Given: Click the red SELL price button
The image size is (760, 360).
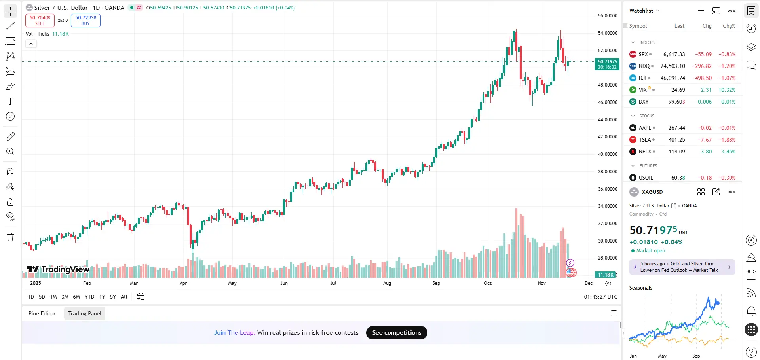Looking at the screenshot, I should (x=40, y=20).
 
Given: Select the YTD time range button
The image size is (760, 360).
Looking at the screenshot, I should (x=89, y=297).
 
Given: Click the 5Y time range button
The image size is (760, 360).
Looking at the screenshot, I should (x=113, y=297).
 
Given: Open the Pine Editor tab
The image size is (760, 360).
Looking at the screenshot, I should (x=42, y=313).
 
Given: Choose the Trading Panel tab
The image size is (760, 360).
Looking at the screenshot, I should (x=85, y=313).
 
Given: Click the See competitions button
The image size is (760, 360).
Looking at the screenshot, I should (x=397, y=333).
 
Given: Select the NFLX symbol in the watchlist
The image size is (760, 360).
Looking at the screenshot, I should (x=645, y=152).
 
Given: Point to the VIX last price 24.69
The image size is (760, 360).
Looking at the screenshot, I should (x=678, y=90).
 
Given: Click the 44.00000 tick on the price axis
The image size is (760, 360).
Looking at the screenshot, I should (x=607, y=119).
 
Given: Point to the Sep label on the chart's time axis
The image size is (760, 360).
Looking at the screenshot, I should (x=436, y=283).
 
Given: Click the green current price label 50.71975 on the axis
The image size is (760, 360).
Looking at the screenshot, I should (x=607, y=64).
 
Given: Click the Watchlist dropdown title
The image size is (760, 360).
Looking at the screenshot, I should (x=644, y=11).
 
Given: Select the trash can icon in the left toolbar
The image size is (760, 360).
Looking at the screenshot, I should (x=10, y=237).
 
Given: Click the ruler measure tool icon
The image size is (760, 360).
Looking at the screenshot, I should (x=10, y=136).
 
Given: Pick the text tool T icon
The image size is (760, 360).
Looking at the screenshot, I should (x=10, y=102).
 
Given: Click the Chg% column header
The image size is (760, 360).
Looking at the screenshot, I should (x=729, y=26).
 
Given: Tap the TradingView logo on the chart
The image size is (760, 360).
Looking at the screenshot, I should (x=59, y=269).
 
